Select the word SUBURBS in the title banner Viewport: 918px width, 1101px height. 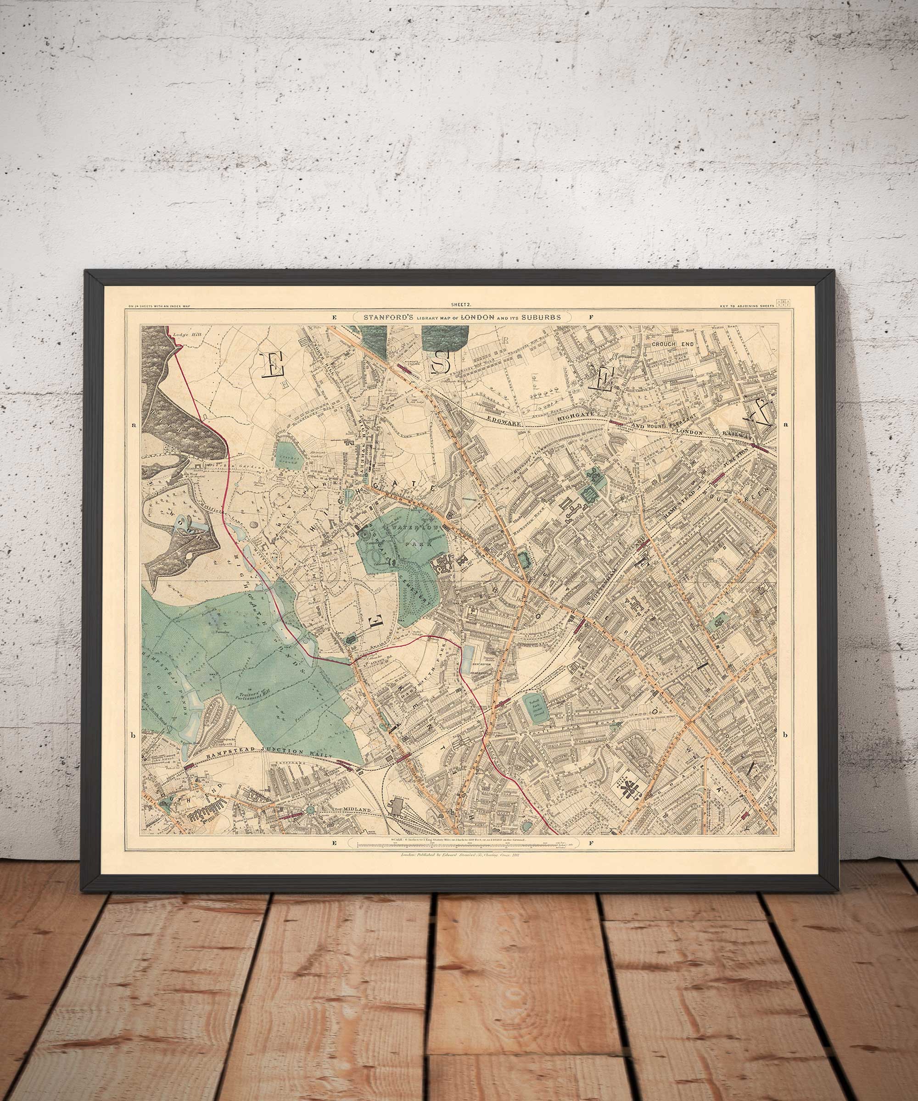[541, 317]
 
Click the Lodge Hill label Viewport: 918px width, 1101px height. [190, 333]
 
